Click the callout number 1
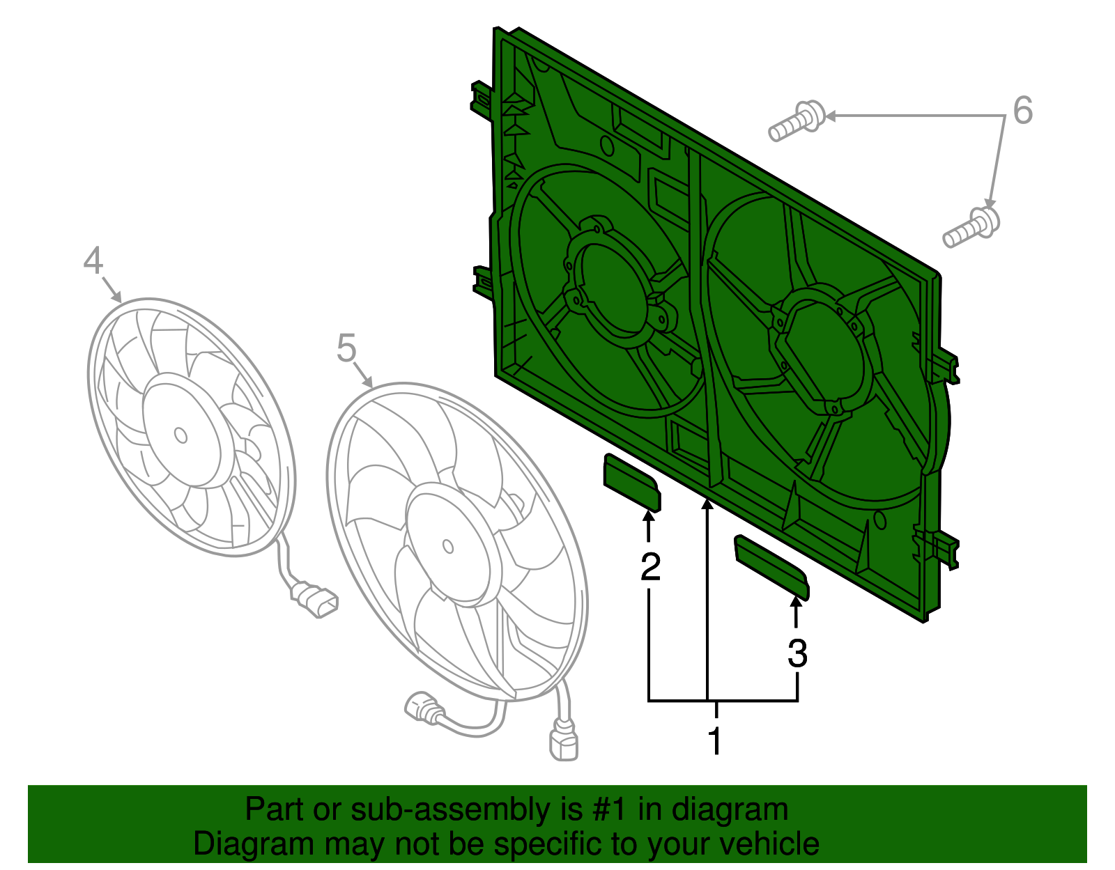pyautogui.click(x=714, y=740)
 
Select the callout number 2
pyautogui.click(x=649, y=567)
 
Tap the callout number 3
pyautogui.click(x=797, y=653)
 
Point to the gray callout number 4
pyautogui.click(x=93, y=261)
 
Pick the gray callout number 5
pyautogui.click(x=346, y=348)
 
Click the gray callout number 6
pyautogui.click(x=1022, y=111)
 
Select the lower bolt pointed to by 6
pyautogui.click(x=971, y=226)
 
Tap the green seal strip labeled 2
pyautogui.click(x=631, y=482)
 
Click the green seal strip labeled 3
pyautogui.click(x=771, y=566)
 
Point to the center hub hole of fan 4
pyautogui.click(x=180, y=435)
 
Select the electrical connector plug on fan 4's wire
pyautogui.click(x=317, y=600)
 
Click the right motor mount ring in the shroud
pyautogui.click(x=817, y=352)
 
